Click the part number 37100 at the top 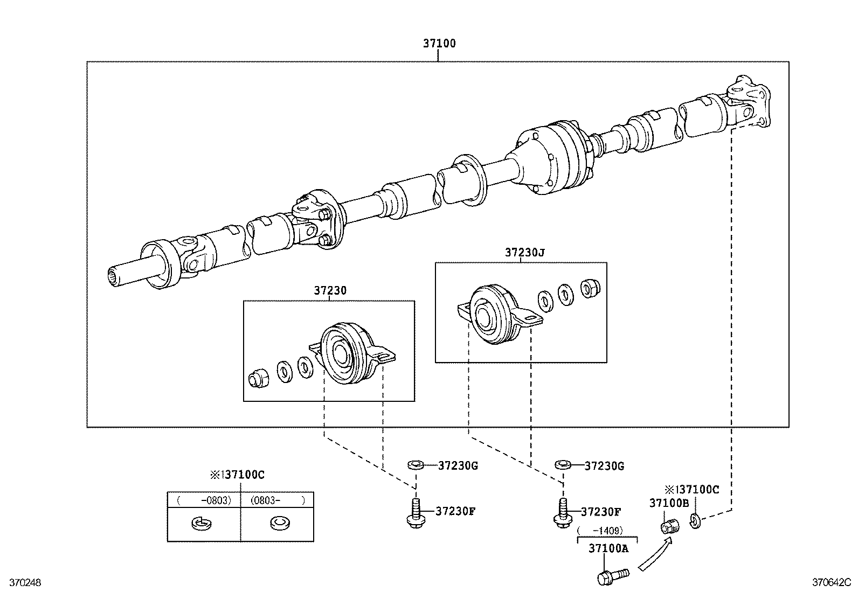click(x=439, y=44)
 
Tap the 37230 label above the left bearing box click(x=330, y=290)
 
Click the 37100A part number click(x=608, y=548)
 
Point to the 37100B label click(x=669, y=503)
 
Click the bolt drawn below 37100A click(x=613, y=576)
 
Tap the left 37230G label click(x=458, y=465)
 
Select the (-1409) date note click(x=607, y=530)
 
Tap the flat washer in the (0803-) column click(x=278, y=522)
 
